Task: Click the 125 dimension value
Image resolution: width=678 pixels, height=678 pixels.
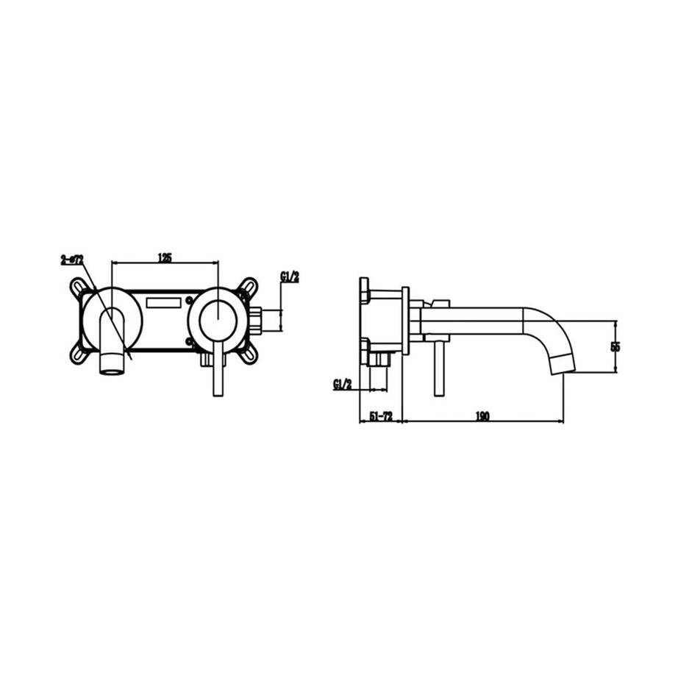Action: point(165,257)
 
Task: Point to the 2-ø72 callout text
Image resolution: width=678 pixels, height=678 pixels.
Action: point(72,260)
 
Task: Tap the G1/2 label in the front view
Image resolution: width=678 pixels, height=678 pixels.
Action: point(290,277)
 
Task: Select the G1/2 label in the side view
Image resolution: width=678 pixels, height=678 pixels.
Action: point(343,383)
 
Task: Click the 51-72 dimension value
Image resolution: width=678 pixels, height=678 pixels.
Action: point(381,416)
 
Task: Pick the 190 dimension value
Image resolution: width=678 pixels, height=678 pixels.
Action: point(482,416)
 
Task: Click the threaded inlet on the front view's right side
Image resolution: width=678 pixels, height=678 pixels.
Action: point(257,320)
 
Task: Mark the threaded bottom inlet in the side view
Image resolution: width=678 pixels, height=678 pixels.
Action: point(379,359)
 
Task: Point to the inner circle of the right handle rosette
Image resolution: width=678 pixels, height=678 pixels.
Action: point(218,315)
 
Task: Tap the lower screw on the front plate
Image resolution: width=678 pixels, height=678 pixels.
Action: point(190,341)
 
